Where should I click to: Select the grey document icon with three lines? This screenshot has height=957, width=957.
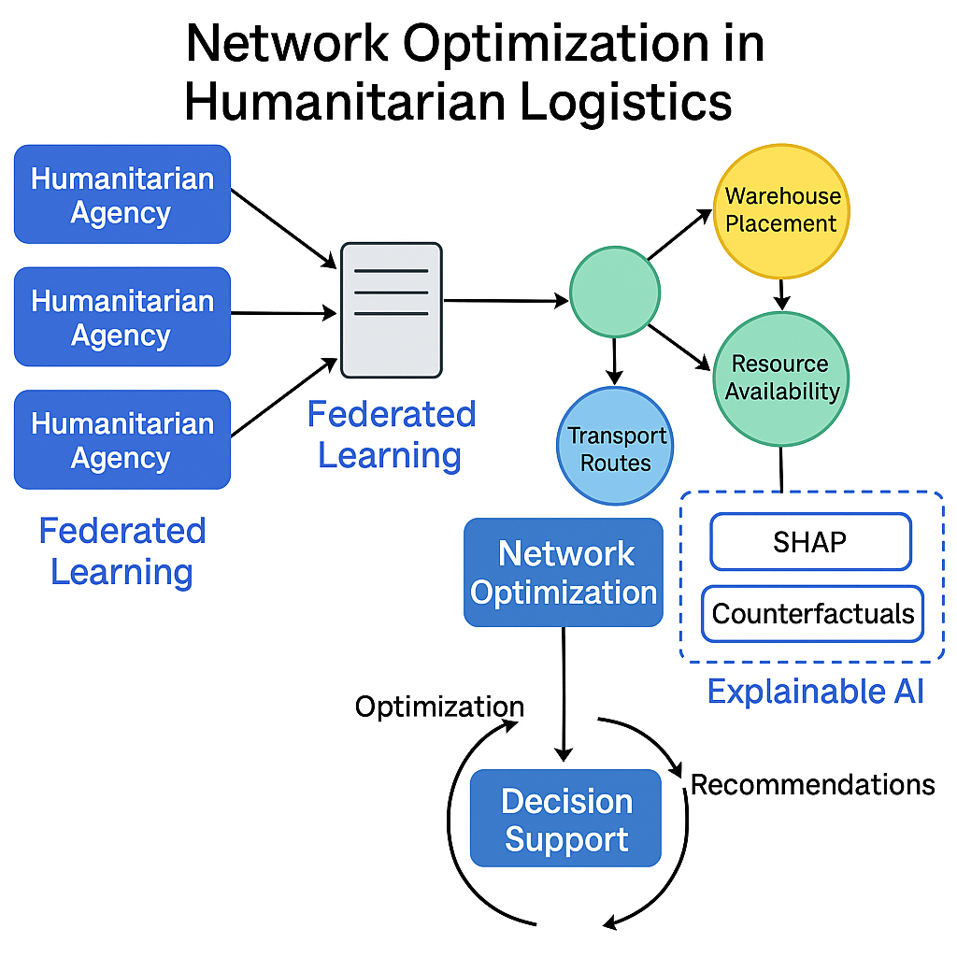click(391, 309)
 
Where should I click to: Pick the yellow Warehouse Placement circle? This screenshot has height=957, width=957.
click(781, 210)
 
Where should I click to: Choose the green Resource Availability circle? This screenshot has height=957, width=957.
click(781, 378)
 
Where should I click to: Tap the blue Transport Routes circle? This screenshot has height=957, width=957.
click(615, 447)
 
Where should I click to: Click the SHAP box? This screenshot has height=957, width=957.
click(809, 541)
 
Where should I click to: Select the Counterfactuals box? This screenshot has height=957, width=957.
click(812, 613)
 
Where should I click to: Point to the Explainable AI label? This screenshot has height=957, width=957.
click(815, 691)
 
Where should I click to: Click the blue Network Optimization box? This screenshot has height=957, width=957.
click(564, 572)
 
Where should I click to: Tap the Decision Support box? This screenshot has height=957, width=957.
click(565, 819)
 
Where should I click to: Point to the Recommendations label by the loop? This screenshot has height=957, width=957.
click(812, 783)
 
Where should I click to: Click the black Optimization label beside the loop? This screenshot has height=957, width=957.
click(439, 706)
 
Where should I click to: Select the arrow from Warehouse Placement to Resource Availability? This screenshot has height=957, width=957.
click(782, 293)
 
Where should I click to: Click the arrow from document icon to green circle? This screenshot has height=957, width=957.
click(506, 300)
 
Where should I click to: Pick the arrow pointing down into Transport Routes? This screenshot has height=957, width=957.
click(614, 361)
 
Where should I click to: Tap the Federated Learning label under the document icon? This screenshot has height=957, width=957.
click(391, 435)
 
